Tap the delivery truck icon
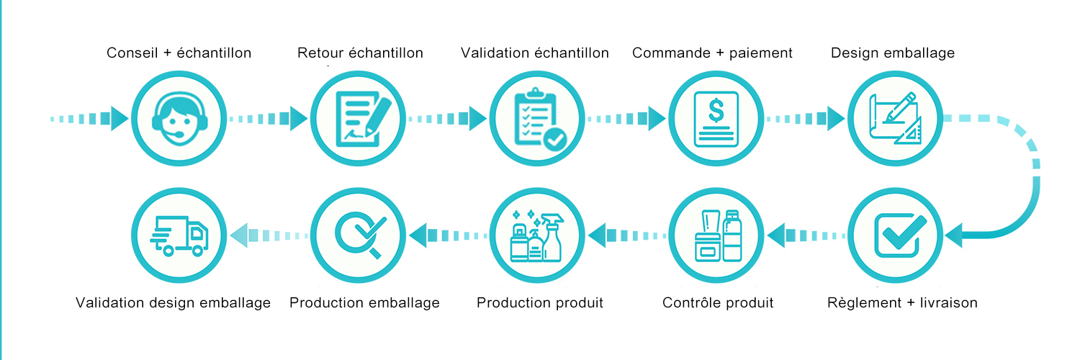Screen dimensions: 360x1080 [x=179, y=235]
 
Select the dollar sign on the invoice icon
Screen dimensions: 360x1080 [x=716, y=110]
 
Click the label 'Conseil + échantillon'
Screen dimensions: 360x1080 [x=179, y=53]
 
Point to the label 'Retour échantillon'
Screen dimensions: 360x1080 [x=360, y=53]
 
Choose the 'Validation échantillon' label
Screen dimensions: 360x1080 [x=535, y=53]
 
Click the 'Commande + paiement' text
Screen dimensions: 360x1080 [x=712, y=53]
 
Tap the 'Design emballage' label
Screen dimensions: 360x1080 [x=893, y=53]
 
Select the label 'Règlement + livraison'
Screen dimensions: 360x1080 [x=903, y=302]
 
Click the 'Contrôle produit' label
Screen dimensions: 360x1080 [x=718, y=302]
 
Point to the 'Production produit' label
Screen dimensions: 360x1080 [x=540, y=302]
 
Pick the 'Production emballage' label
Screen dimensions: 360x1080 [x=364, y=302]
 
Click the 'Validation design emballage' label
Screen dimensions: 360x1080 [x=174, y=302]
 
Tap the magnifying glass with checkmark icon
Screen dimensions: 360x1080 [x=360, y=235]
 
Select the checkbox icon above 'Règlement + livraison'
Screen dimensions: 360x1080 [x=897, y=235]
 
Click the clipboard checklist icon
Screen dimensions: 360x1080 [x=537, y=117]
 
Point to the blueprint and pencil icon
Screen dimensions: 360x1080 [x=896, y=117]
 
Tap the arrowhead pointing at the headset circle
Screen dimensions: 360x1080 [x=120, y=117]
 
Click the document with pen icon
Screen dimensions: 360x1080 [x=360, y=117]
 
